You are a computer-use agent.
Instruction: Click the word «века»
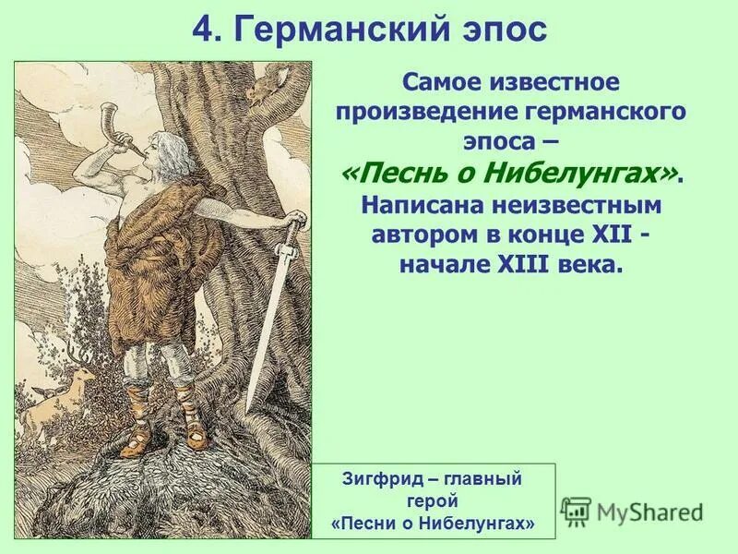[590, 263]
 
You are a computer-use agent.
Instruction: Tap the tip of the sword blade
[248, 407]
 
